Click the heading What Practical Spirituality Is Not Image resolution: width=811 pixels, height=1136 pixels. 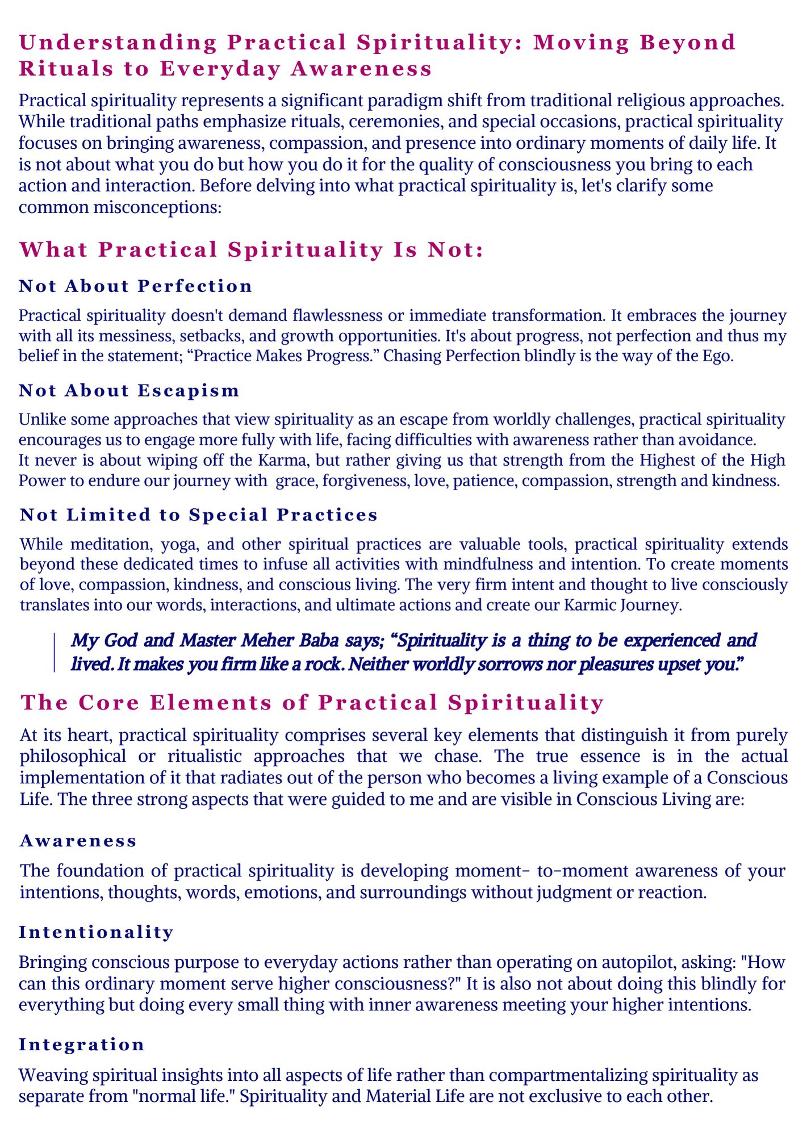click(251, 250)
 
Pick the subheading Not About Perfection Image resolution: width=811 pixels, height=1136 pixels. click(136, 286)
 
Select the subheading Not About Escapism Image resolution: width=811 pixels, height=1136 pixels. click(129, 390)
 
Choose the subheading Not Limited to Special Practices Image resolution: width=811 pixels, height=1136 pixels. click(199, 514)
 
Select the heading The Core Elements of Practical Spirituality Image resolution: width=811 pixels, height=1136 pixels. click(312, 703)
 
